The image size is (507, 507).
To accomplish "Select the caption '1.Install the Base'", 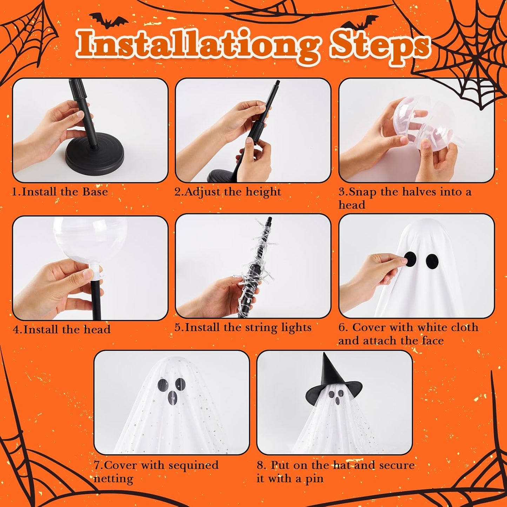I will (x=60, y=192).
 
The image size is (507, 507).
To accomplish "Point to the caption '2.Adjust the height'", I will (x=228, y=192).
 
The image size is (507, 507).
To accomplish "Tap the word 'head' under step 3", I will (x=352, y=205).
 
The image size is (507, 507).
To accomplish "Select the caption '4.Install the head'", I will (x=61, y=329).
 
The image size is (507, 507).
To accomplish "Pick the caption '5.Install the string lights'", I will (x=243, y=328).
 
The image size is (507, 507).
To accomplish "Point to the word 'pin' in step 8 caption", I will (x=314, y=479).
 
